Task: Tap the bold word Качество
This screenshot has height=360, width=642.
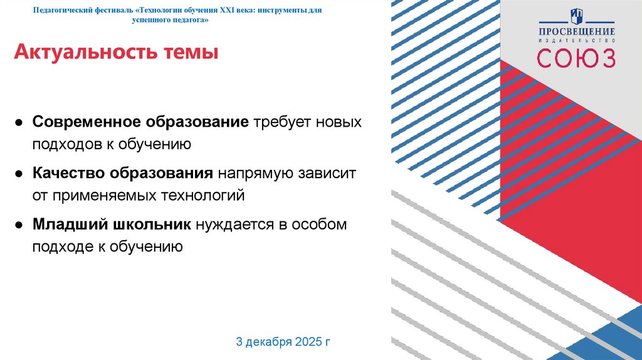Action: (69, 172)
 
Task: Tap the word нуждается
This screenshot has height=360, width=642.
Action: (234, 224)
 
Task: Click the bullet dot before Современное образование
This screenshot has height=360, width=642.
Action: (20, 122)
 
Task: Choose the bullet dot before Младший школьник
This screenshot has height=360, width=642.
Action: (20, 225)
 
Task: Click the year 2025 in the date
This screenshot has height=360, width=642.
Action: (303, 342)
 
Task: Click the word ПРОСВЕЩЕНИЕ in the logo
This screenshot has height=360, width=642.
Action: (576, 31)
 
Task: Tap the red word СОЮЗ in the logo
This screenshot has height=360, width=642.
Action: (576, 58)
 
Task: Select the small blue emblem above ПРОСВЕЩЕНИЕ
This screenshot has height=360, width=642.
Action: (576, 16)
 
